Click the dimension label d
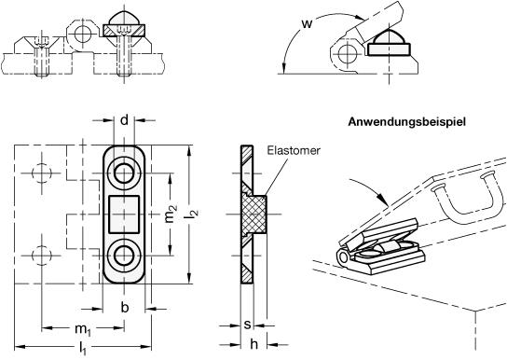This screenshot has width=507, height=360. [x=124, y=120]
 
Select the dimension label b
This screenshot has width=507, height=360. [x=125, y=308]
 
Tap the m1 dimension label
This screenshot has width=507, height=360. [x=83, y=329]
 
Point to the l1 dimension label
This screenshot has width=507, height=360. [x=83, y=349]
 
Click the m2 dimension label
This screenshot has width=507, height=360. [x=171, y=214]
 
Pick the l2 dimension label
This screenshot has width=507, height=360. [x=193, y=214]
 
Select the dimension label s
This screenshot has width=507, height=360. [x=247, y=325]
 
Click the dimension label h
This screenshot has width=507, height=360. [x=254, y=344]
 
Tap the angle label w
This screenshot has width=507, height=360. [x=307, y=23]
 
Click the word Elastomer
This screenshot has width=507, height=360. [x=294, y=151]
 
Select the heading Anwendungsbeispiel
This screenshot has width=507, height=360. [x=407, y=122]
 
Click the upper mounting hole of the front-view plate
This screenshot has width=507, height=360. [x=124, y=173]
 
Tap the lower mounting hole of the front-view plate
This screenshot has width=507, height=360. [x=124, y=256]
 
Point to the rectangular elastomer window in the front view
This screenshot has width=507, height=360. [x=124, y=215]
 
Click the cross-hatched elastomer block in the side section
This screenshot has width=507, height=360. [x=255, y=214]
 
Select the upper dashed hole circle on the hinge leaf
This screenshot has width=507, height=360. [x=42, y=173]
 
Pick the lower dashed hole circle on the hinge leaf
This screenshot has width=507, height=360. [x=42, y=256]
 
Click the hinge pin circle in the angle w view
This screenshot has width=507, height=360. [x=348, y=52]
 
